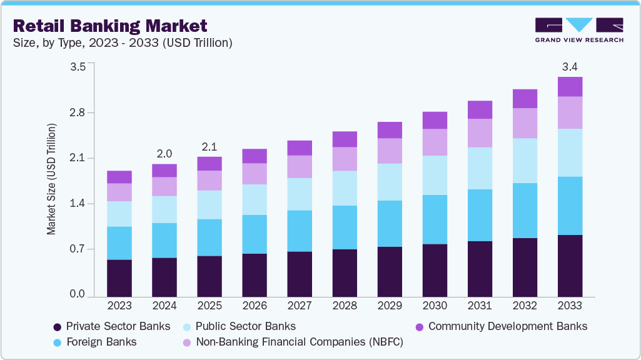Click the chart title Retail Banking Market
109,26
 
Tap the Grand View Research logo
578,29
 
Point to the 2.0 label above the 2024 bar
164,153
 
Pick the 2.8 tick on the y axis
77,112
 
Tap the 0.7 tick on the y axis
77,249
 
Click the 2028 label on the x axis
345,306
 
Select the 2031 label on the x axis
480,306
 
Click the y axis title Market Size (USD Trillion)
51,179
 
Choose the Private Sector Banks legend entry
112,326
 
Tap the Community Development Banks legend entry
501,326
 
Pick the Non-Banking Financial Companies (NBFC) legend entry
293,342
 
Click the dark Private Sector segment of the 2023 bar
119,277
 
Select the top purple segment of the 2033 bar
570,87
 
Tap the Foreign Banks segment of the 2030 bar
435,219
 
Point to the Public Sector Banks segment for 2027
300,194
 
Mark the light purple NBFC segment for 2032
525,123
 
